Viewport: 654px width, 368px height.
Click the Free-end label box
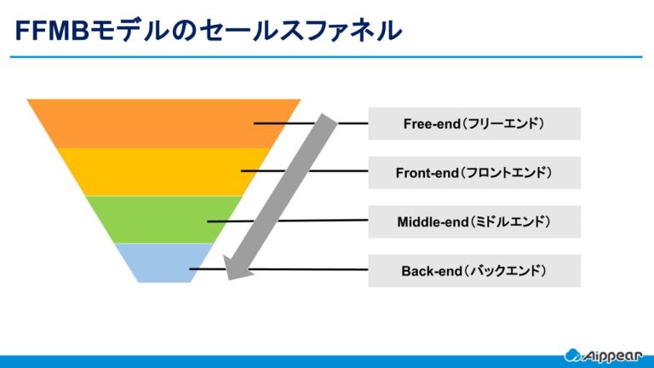click(x=474, y=124)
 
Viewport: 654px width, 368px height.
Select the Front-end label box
click(x=474, y=172)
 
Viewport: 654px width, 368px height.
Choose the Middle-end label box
click(x=474, y=221)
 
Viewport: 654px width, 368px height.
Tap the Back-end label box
click(x=474, y=271)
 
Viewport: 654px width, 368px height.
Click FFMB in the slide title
click(x=47, y=31)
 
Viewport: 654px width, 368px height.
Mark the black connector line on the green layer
click(x=226, y=221)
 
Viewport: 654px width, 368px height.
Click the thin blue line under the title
click(x=327, y=57)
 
